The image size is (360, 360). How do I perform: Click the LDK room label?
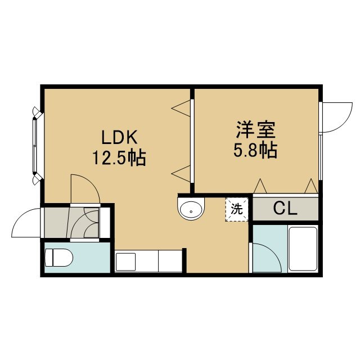click(x=119, y=137)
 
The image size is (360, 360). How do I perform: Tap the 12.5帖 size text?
click(x=119, y=157)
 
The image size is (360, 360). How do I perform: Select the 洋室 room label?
click(x=256, y=130)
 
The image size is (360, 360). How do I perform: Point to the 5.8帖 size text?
click(x=255, y=150)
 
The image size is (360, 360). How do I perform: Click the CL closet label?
click(x=285, y=208)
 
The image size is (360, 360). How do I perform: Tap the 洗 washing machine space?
click(x=237, y=209)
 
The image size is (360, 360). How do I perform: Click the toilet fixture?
click(x=58, y=258)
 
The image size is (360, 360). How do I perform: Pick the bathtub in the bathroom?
click(x=303, y=249)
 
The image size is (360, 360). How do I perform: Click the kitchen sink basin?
click(x=125, y=262)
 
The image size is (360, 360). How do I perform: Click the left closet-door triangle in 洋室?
click(x=260, y=186)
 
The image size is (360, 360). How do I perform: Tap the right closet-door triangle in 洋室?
click(x=311, y=186)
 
